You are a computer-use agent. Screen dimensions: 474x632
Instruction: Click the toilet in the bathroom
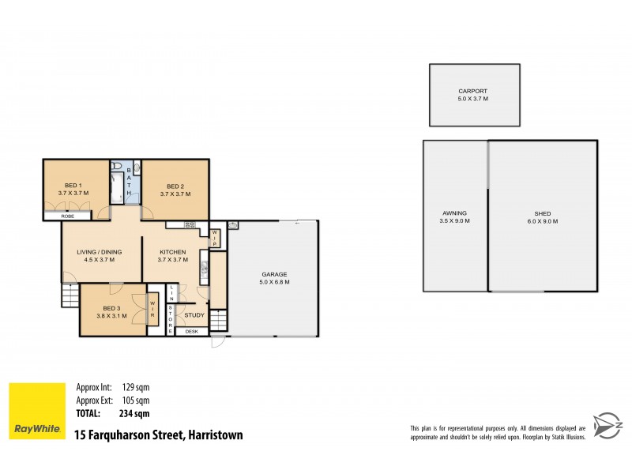(x=118, y=167)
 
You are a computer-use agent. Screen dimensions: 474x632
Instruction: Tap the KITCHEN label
(x=171, y=252)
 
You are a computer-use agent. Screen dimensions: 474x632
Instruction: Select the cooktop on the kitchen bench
(x=190, y=225)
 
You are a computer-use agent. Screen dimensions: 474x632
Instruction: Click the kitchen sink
(x=204, y=269)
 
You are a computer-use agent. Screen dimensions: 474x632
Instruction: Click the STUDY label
(x=194, y=315)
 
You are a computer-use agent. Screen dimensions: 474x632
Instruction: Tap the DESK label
(x=191, y=331)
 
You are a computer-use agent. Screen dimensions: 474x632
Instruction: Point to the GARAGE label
(x=275, y=273)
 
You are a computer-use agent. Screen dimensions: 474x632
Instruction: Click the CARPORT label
(x=474, y=90)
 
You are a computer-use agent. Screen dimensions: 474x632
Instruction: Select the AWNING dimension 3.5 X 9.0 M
(x=455, y=221)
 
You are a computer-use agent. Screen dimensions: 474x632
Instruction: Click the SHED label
(x=541, y=213)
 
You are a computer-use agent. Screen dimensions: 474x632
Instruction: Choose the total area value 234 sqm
(x=136, y=413)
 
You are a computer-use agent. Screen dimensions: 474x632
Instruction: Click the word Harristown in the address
(x=213, y=434)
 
